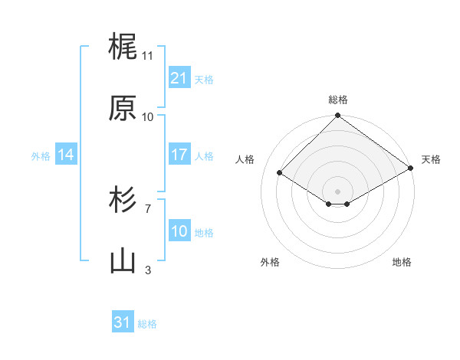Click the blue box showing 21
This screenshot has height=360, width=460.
point(179,78)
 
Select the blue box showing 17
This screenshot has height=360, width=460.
point(179,155)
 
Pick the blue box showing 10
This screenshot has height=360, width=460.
point(179,231)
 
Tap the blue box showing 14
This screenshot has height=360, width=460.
point(65,155)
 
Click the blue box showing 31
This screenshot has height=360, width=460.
point(123,322)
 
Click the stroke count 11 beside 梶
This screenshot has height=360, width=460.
point(147,56)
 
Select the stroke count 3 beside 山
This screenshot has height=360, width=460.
point(148,270)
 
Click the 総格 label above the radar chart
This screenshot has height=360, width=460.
point(338,100)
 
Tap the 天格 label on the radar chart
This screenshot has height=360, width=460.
point(431,159)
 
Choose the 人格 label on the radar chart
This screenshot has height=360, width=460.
point(245,159)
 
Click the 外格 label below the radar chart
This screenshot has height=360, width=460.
point(270,263)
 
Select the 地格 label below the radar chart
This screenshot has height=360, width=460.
point(402,263)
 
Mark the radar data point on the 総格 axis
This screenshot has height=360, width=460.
point(337,116)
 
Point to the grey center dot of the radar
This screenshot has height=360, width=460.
point(337,191)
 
